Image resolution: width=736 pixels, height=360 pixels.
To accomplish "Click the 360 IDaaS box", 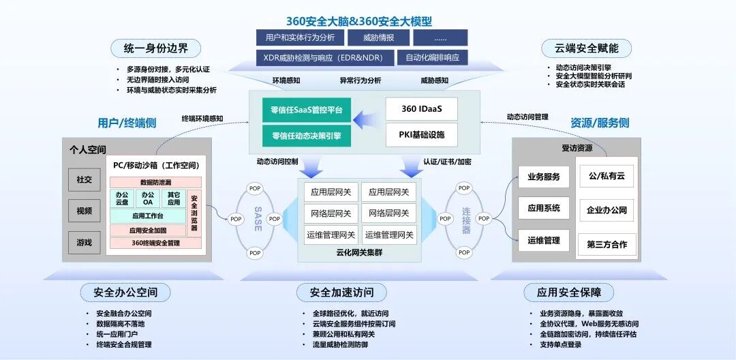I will (x=421, y=109).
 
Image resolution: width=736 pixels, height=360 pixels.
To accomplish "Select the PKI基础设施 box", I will (x=421, y=134).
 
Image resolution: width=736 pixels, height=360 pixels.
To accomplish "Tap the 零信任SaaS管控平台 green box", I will (x=306, y=109).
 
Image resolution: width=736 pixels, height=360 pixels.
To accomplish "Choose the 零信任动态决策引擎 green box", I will (x=306, y=135).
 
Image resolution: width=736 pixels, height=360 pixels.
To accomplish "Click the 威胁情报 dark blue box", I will (x=378, y=37).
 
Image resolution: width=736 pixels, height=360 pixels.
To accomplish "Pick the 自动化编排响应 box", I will (x=432, y=57).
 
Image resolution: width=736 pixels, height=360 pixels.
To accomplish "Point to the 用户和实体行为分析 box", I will (x=299, y=37).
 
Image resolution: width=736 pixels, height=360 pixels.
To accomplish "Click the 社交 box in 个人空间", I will (x=84, y=179).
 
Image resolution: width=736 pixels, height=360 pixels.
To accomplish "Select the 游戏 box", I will (x=84, y=242).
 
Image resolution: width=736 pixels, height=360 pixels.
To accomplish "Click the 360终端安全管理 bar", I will (x=155, y=243).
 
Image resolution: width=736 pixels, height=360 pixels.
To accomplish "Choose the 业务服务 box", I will (x=544, y=177).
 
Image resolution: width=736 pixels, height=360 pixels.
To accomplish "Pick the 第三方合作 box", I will (x=607, y=244).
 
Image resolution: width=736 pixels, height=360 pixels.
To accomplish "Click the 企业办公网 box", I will (x=607, y=209).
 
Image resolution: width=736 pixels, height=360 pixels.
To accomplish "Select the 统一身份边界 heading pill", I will (x=157, y=48).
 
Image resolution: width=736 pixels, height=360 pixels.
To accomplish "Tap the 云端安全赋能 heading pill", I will (x=585, y=48).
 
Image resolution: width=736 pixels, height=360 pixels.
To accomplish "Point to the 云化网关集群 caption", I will (x=357, y=252).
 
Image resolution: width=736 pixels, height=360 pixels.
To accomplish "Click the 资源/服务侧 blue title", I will (x=600, y=123).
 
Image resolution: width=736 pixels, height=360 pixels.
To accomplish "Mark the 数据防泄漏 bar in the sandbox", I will (x=155, y=182).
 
